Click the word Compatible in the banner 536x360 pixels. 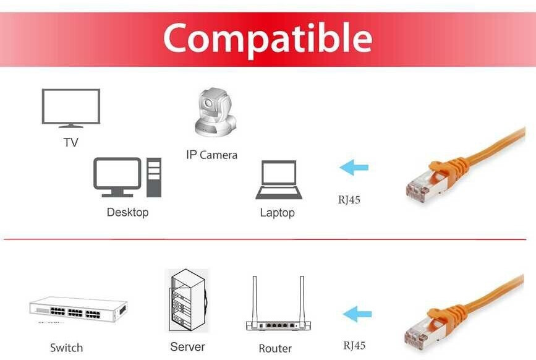click(x=267, y=38)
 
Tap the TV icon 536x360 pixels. click(x=70, y=108)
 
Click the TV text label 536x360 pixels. click(x=70, y=143)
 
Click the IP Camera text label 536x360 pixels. click(x=211, y=155)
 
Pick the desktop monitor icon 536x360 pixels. click(x=117, y=176)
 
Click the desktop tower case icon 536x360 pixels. click(x=154, y=178)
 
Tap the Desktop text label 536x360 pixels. click(x=127, y=212)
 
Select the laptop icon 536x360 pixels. click(x=279, y=180)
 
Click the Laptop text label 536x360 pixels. click(x=277, y=213)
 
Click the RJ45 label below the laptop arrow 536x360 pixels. click(x=349, y=200)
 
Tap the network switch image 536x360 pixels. click(x=78, y=310)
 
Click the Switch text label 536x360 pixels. click(x=66, y=348)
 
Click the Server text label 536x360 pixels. click(x=187, y=347)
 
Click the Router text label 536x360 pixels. click(x=275, y=348)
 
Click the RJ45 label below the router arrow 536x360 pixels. click(x=354, y=346)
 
